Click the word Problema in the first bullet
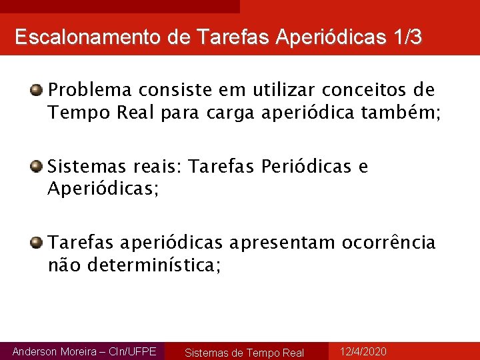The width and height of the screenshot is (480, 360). click(x=90, y=89)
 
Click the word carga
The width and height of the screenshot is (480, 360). click(x=231, y=113)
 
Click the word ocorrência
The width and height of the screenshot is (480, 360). click(x=389, y=242)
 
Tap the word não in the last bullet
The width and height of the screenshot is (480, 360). click(x=63, y=266)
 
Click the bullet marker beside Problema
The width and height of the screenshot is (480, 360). click(x=37, y=89)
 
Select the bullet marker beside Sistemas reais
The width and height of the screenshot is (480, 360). click(x=37, y=166)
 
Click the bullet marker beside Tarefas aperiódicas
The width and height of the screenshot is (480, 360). click(x=37, y=242)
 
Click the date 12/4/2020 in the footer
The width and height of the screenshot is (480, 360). click(x=363, y=351)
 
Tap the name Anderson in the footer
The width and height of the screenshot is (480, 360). click(x=35, y=351)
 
